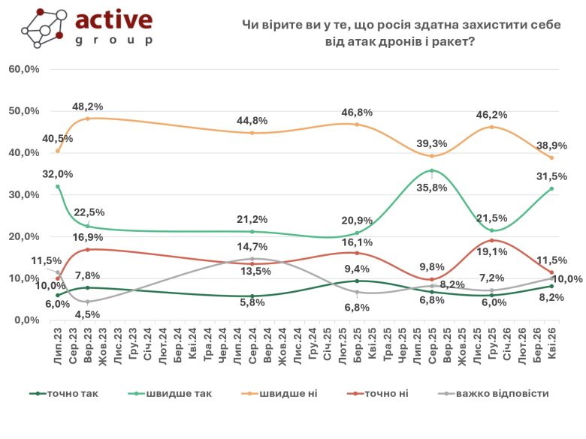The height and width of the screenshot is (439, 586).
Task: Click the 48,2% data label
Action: coord(88,107)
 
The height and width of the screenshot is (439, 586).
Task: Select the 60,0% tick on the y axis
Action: coord(24,69)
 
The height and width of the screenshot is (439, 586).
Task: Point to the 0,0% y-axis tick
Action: coord(26,320)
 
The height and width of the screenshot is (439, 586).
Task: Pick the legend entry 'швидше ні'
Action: coord(285,392)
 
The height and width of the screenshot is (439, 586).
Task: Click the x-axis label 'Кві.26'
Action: coord(552,344)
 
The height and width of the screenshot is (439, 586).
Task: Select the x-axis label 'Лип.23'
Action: coord(58,344)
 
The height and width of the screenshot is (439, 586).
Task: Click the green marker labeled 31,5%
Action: coord(551,188)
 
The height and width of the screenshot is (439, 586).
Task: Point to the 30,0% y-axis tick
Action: coord(24,194)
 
